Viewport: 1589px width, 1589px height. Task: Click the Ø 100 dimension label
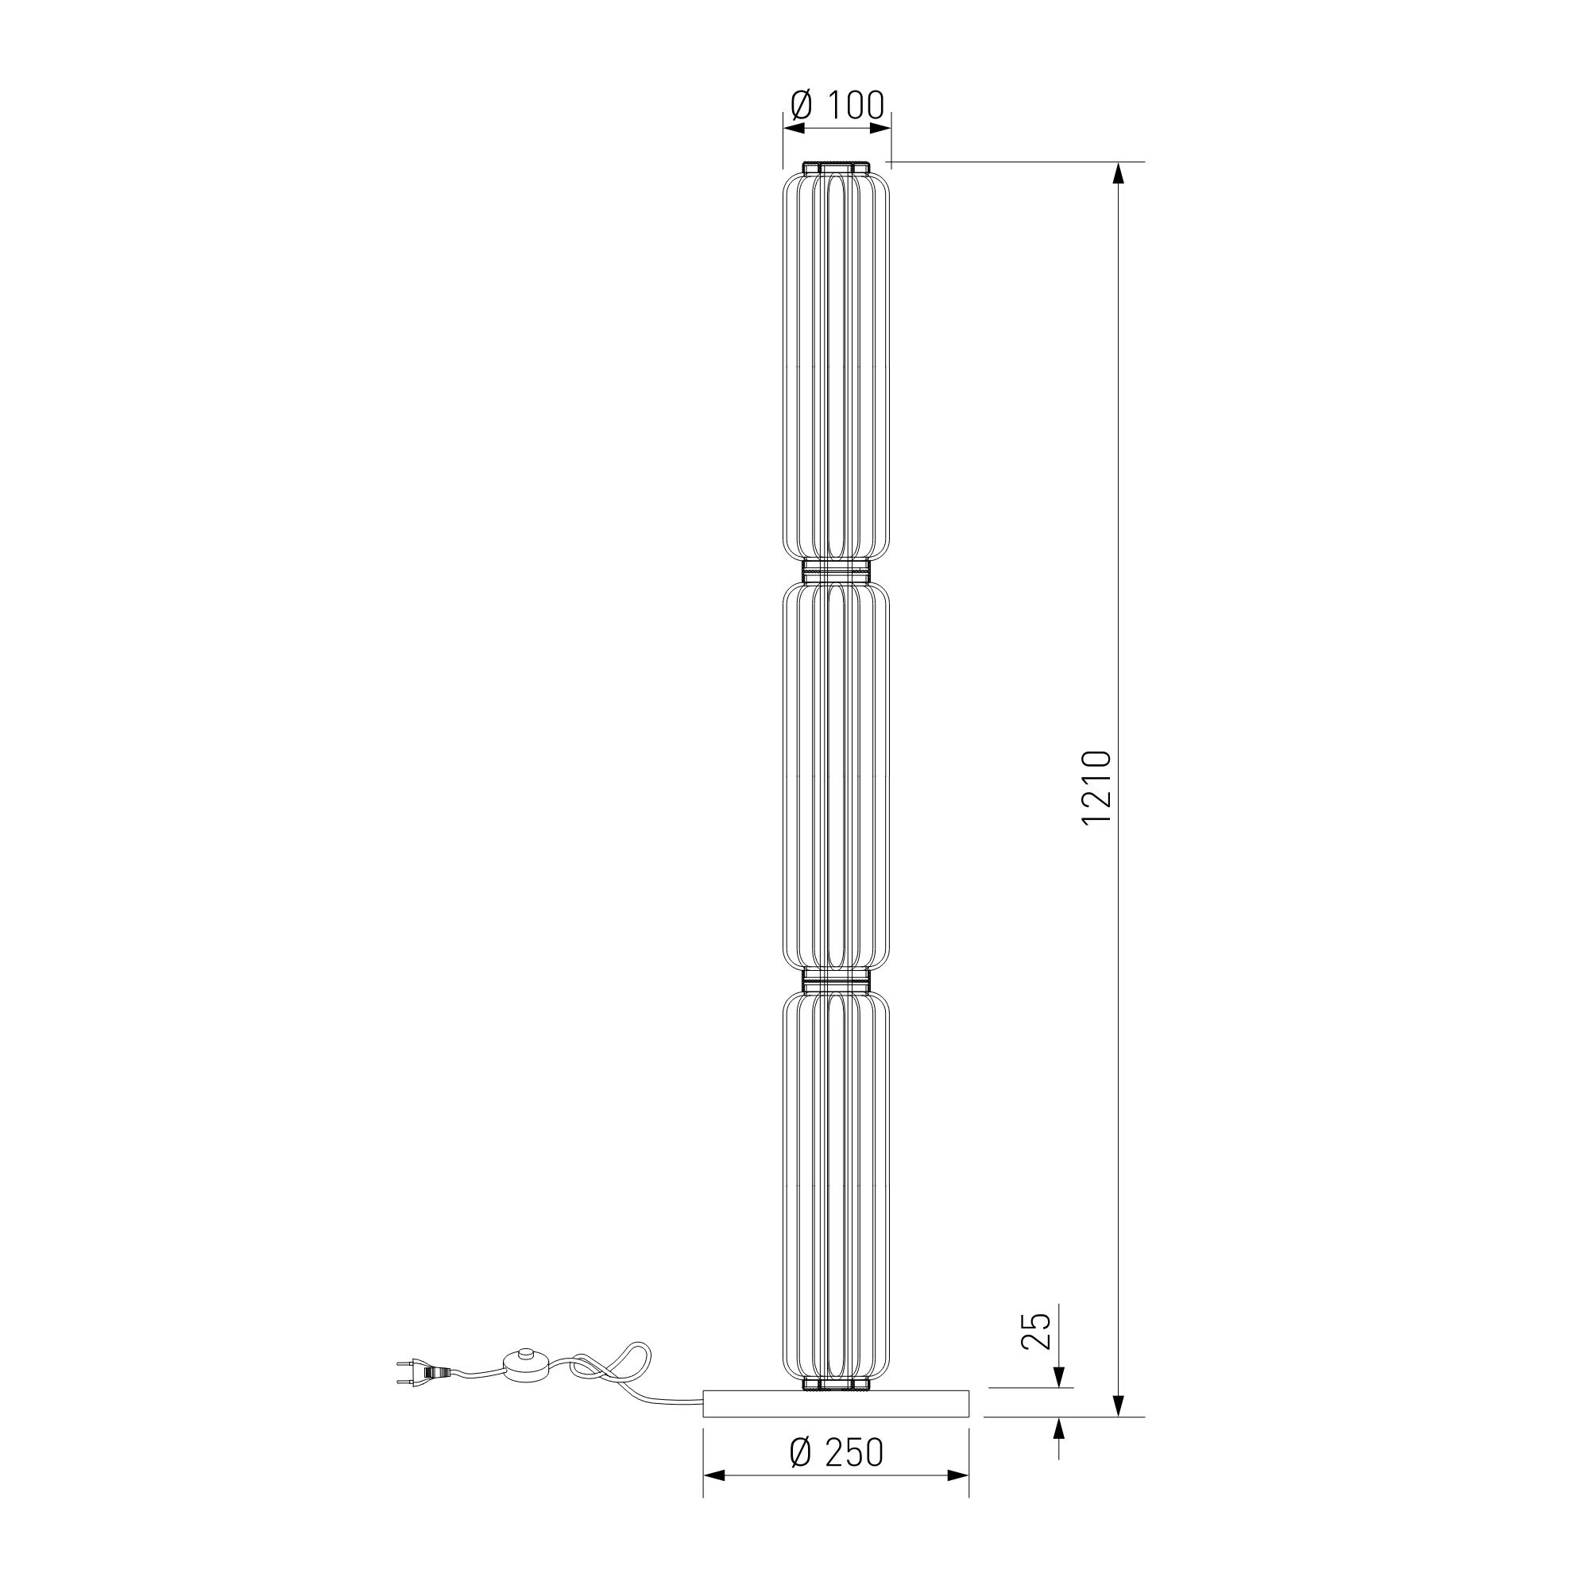point(837,106)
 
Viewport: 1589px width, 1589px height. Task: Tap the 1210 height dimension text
point(1098,788)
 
